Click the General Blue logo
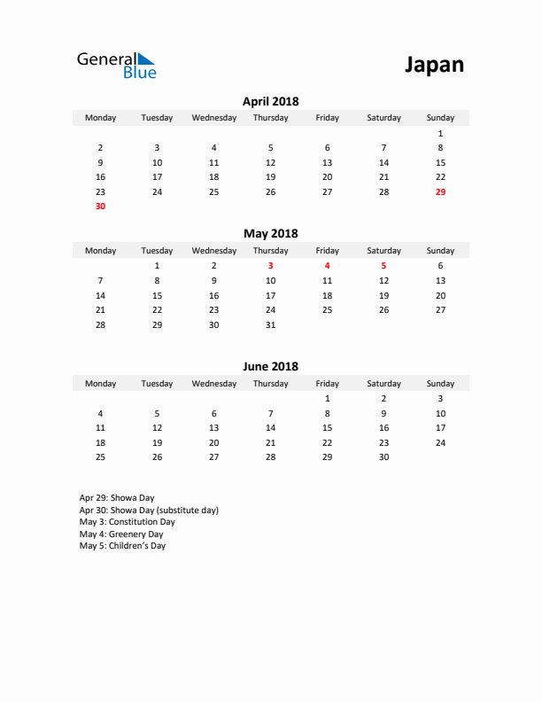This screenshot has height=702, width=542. click(116, 65)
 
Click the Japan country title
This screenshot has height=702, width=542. click(434, 65)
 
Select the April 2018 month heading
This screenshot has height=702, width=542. click(270, 102)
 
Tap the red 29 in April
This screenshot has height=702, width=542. click(440, 191)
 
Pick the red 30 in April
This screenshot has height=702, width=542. click(100, 207)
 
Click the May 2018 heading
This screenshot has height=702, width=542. click(270, 234)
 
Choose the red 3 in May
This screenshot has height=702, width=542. click(270, 266)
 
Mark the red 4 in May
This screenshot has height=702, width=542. click(327, 266)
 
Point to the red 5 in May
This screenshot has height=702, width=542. click(383, 266)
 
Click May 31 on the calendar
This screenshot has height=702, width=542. click(270, 325)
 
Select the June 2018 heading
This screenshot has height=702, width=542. click(270, 366)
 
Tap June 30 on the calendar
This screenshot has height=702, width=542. click(383, 457)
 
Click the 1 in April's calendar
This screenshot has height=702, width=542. click(440, 133)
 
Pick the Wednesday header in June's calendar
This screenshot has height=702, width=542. click(213, 384)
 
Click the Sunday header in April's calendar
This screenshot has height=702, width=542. click(440, 118)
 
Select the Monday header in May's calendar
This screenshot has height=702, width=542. click(100, 251)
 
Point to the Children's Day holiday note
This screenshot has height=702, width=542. click(122, 546)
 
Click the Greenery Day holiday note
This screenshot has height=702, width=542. click(121, 534)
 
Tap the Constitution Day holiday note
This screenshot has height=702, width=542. click(127, 522)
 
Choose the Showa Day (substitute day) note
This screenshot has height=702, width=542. click(149, 511)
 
